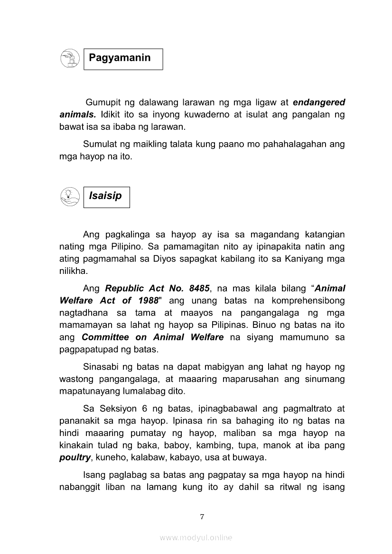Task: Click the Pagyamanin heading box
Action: point(123,59)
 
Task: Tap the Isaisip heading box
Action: point(106,197)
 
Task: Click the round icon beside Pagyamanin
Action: point(70,59)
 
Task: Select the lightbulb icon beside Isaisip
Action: point(70,197)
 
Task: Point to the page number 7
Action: point(202,516)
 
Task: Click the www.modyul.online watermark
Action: point(196,537)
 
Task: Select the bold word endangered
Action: point(319,102)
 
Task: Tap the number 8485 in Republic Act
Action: point(199,288)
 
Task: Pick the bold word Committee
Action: point(105,337)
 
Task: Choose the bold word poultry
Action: point(75,458)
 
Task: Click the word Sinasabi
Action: point(103,367)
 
